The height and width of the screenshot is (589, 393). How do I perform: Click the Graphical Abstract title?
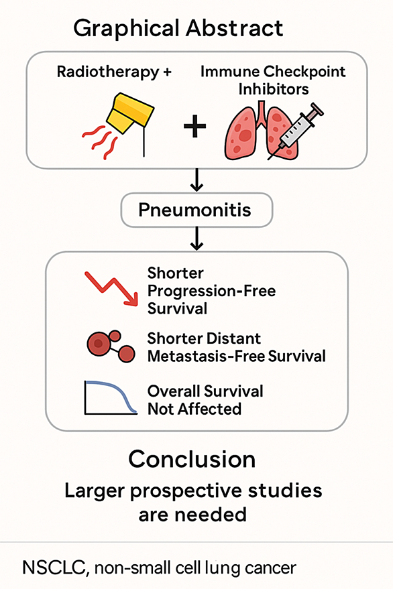tap(178, 29)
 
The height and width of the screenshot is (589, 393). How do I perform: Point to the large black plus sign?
tap(194, 126)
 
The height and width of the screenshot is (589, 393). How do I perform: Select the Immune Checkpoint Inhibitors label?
tap(273, 80)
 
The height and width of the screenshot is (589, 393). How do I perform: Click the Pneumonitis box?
tap(196, 210)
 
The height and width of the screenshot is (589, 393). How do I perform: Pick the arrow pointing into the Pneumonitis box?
tap(196, 180)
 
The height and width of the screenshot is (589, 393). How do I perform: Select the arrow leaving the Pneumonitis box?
tap(196, 239)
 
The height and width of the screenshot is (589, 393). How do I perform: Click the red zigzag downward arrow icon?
tap(112, 288)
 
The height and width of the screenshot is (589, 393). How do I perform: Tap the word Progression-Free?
tap(211, 291)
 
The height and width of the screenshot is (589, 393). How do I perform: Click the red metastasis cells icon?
tap(111, 346)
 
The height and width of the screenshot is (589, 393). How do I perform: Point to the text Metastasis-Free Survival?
tap(237, 356)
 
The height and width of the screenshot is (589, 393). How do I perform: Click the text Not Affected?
tap(194, 409)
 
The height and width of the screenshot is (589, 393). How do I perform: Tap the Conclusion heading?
tap(192, 459)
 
